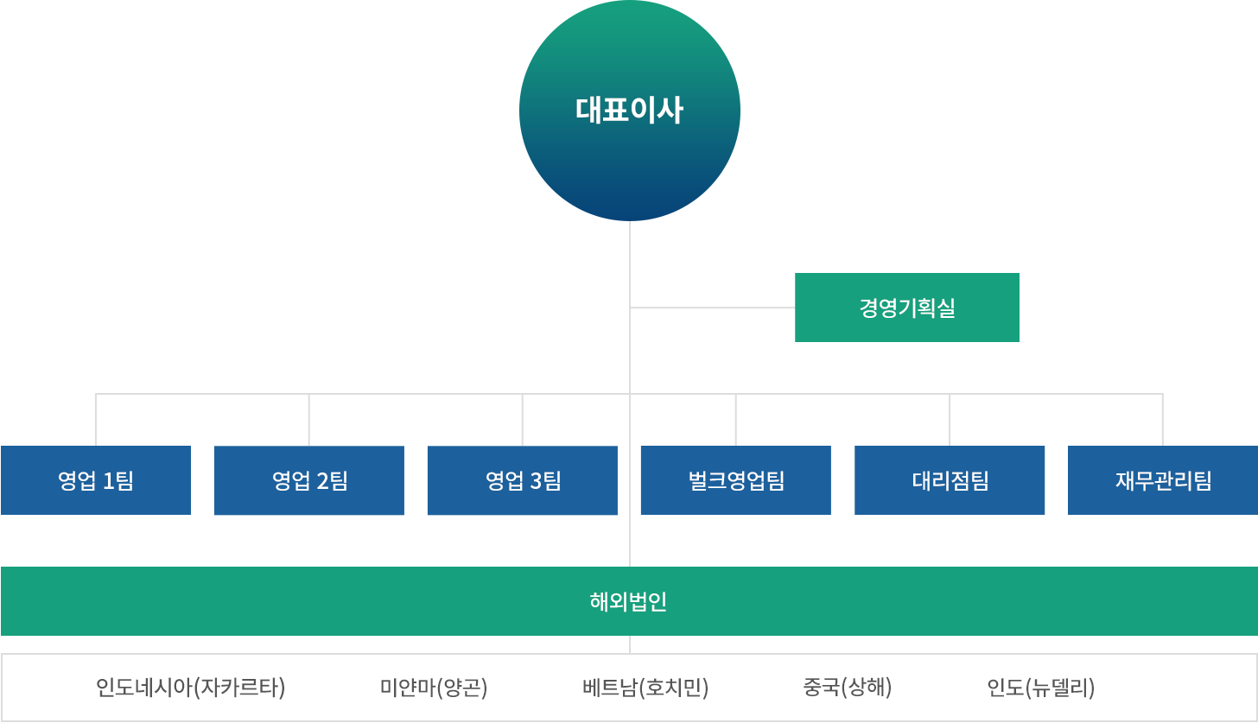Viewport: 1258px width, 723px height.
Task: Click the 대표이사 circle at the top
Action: coord(630,111)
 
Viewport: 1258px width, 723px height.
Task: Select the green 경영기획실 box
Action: coord(907,308)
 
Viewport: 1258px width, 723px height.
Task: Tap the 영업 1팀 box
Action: coord(96,480)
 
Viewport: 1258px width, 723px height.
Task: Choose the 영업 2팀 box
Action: coord(309,480)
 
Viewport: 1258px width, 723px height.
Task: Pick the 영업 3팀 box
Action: coord(523,480)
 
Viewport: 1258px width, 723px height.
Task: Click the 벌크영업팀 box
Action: coord(736,480)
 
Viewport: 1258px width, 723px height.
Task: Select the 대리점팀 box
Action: coord(950,480)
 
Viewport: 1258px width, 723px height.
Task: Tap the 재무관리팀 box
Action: coord(1163,480)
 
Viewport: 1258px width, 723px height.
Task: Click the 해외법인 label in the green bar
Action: coord(628,602)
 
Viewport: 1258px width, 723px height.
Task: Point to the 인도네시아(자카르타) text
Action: coord(190,688)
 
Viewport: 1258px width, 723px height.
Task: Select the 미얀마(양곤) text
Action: coord(434,688)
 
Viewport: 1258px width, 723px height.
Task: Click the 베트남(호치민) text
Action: coord(645,688)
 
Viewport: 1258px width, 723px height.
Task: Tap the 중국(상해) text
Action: coord(847,688)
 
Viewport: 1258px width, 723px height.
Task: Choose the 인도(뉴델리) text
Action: coord(1040,688)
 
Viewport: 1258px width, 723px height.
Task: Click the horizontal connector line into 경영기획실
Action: coord(713,308)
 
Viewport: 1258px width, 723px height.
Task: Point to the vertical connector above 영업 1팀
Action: coord(96,420)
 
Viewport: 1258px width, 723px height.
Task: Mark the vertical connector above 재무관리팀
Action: coord(1163,420)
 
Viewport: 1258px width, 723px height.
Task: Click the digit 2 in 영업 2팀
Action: coord(323,481)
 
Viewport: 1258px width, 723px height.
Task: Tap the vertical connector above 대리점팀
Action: coord(950,420)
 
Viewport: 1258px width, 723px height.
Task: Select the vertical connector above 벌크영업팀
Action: coord(736,420)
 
